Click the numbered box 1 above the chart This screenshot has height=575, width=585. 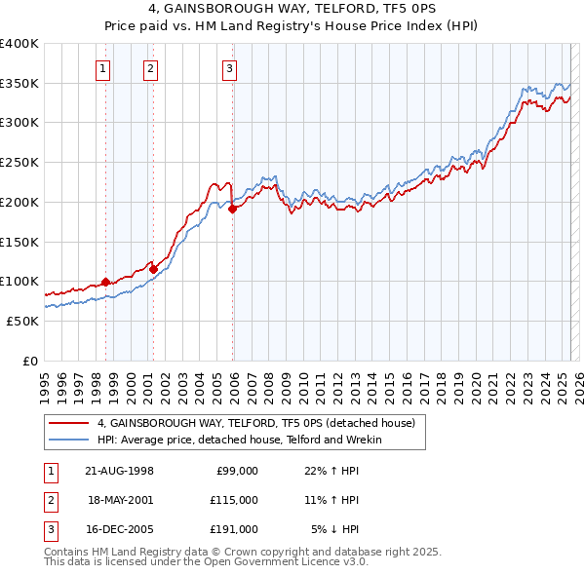click(102, 68)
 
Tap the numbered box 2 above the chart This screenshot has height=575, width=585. click(151, 68)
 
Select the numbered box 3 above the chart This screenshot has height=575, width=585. click(228, 68)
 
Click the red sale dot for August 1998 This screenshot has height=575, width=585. click(105, 282)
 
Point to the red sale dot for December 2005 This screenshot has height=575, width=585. click(233, 209)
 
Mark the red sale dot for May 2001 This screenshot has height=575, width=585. click(153, 269)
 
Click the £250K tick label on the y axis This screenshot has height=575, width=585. click(19, 162)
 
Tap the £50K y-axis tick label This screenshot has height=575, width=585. click(21, 321)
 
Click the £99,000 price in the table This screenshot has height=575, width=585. click(236, 471)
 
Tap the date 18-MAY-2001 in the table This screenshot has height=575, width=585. click(120, 500)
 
